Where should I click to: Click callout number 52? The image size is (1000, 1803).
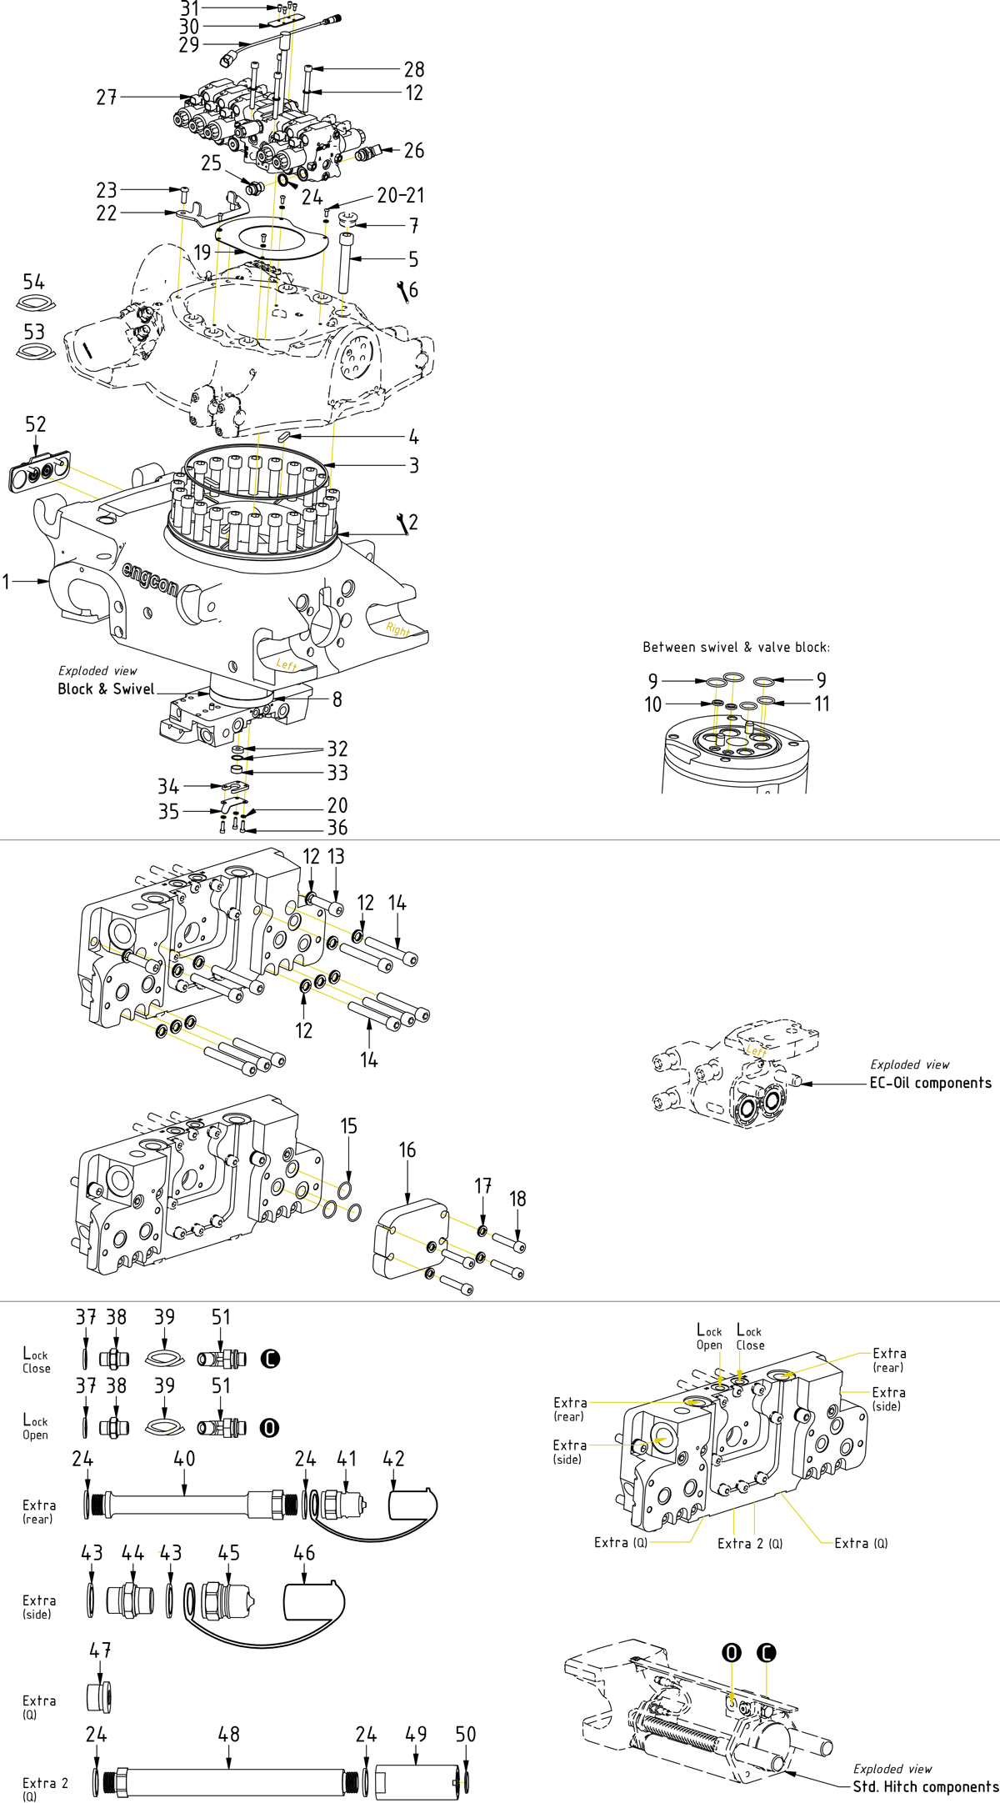tap(36, 424)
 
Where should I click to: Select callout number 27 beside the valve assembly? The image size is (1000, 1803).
tap(106, 98)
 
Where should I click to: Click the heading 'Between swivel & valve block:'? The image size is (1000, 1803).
tap(736, 647)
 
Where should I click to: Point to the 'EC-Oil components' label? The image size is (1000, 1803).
tap(930, 1083)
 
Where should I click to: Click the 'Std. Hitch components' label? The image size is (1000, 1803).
tap(925, 1786)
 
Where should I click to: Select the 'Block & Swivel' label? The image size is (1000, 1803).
tap(106, 689)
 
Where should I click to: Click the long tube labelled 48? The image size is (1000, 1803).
tap(229, 1781)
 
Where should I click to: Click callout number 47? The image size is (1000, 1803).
tap(100, 1650)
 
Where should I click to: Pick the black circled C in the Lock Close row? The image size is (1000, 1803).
tap(270, 1359)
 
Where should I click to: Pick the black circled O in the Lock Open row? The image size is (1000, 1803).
tap(269, 1428)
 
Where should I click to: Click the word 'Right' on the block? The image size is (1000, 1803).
tap(398, 629)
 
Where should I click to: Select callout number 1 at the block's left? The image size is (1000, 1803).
tap(7, 581)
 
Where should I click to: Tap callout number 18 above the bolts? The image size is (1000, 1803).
tap(517, 1199)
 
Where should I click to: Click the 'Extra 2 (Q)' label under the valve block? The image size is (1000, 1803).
tap(750, 1543)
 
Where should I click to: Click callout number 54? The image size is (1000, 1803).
tap(34, 282)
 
